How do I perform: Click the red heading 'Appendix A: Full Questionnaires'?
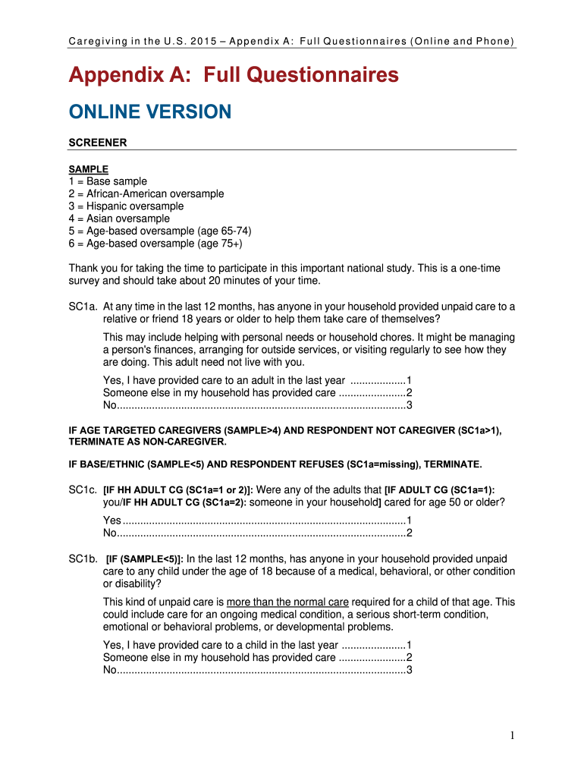coord(234,75)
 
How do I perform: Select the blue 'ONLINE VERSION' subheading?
coord(149,112)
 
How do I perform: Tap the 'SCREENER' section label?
coord(98,142)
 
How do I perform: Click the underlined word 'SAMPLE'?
coord(89,168)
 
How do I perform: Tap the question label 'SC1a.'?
coord(82,307)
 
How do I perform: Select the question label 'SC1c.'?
coord(82,490)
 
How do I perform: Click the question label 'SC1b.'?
coord(82,559)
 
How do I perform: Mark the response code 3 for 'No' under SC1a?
coord(409,405)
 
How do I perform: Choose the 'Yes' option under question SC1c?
coord(112,521)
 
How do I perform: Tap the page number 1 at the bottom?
coord(513,735)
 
